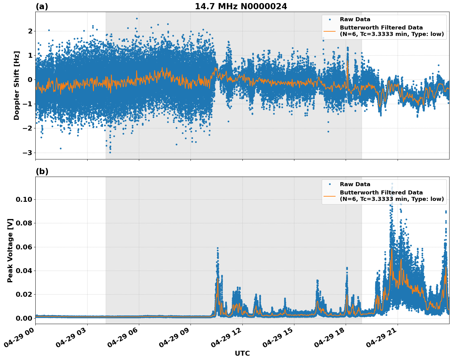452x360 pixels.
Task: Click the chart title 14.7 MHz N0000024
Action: point(241,6)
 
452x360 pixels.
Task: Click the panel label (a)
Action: point(42,6)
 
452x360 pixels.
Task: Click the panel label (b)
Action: point(42,171)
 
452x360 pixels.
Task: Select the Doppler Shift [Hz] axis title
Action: point(17,85)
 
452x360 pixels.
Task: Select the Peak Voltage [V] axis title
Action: point(10,250)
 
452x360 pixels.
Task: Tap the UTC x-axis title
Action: point(242,353)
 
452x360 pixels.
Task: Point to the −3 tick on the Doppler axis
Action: point(28,153)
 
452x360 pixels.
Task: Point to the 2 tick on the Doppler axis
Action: point(30,31)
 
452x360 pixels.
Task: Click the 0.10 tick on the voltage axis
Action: point(24,199)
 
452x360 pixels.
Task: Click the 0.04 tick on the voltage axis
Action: point(24,271)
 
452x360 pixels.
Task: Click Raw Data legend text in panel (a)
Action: point(355,19)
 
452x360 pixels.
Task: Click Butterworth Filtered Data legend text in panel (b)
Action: point(381,193)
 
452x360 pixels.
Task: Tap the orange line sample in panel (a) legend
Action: point(330,31)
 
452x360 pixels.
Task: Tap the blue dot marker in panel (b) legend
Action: point(330,184)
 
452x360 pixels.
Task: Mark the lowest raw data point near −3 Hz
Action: point(110,152)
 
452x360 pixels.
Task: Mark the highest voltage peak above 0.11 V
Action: point(392,184)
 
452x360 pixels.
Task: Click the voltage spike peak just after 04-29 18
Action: point(347,268)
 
